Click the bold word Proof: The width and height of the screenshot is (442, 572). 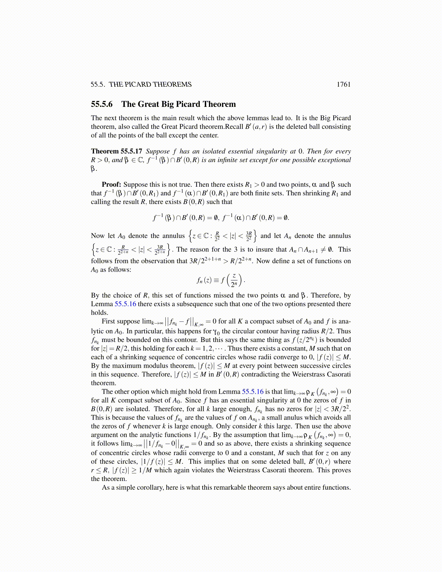point(111,185)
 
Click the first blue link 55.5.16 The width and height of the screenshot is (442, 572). point(125,304)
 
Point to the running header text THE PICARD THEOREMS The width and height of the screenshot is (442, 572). point(150,84)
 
